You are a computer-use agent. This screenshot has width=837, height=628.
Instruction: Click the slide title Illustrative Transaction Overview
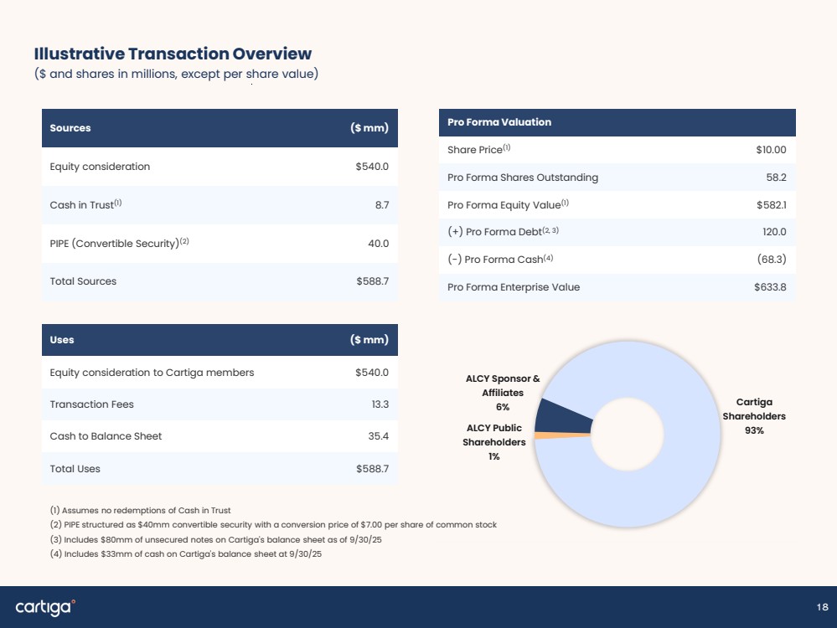point(173,54)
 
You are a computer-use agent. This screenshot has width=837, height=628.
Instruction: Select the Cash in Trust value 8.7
point(382,205)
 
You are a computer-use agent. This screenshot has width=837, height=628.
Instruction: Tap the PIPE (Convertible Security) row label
point(119,244)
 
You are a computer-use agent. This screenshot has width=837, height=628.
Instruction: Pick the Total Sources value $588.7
point(373,281)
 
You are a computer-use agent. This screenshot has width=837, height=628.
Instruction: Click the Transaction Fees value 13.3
point(380,404)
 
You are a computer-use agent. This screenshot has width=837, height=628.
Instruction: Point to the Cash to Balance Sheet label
point(106,436)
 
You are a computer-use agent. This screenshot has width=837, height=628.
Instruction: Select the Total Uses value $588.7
point(373,468)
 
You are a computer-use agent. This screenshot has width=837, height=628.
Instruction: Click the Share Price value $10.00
point(771,150)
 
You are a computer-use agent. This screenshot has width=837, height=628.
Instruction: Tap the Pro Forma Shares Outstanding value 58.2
point(776,178)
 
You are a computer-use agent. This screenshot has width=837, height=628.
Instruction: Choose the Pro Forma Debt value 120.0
point(774,232)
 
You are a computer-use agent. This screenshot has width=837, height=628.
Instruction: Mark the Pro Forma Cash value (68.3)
point(772,260)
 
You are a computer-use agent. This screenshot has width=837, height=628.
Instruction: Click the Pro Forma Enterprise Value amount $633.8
point(770,287)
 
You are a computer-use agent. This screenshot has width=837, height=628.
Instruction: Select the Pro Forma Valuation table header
point(617,122)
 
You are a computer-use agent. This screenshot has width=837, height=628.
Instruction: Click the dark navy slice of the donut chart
point(561,417)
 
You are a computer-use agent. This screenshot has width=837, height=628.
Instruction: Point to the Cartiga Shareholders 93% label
point(754,416)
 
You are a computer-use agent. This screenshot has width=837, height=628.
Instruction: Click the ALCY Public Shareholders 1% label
point(493,442)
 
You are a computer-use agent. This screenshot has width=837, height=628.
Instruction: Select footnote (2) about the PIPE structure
point(273,524)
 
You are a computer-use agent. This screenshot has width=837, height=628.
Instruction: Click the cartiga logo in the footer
point(45,607)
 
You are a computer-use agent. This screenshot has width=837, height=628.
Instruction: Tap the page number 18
point(823,607)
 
